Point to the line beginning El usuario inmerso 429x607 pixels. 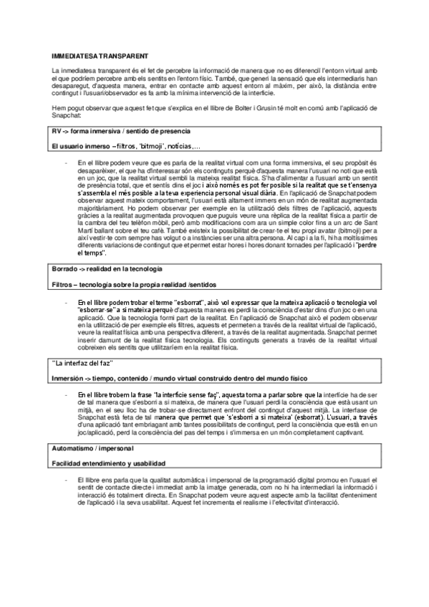tap(126, 146)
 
